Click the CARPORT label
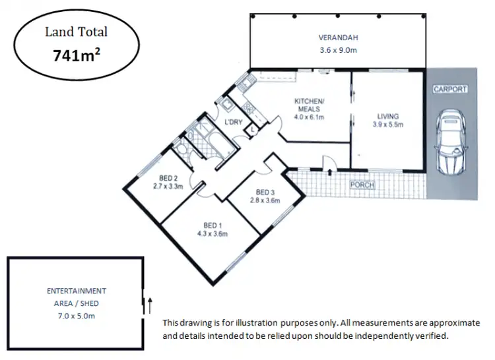click(x=449, y=88)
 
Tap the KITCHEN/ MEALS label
click(x=308, y=105)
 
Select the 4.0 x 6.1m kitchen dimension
click(x=308, y=118)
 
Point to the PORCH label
click(x=362, y=185)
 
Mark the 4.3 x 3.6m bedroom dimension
click(x=212, y=233)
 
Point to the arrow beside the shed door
click(x=150, y=305)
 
